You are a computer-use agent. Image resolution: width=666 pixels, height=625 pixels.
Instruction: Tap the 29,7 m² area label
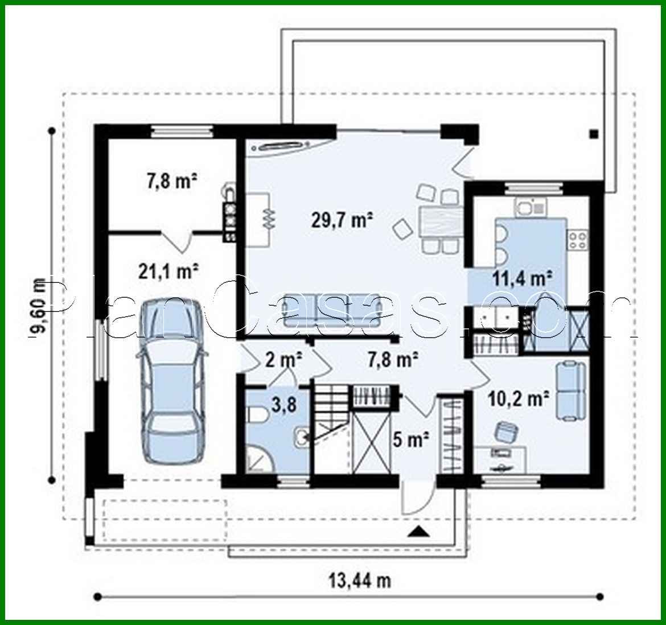pos(342,219)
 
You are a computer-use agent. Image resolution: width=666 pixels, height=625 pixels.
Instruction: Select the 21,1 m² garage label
pos(168,272)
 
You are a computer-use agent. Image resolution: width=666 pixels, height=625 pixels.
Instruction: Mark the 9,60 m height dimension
pos(39,307)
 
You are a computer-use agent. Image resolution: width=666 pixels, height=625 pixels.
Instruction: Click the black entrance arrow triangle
pos(418,533)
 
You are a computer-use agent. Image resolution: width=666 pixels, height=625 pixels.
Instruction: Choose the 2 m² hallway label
pos(283,359)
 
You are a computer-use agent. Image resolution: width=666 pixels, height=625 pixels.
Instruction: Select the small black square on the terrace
pos(594,134)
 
